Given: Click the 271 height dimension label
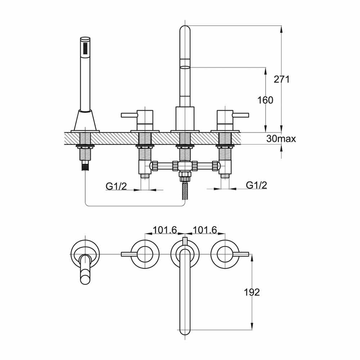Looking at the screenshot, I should point(282,80).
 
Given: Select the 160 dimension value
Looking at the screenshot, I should point(266,100).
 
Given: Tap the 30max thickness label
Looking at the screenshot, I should point(281,139).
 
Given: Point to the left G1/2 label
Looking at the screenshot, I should point(116,186).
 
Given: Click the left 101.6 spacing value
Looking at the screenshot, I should point(165,230).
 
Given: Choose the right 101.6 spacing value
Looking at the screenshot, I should point(205,230).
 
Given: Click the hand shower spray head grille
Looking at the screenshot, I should point(85,47).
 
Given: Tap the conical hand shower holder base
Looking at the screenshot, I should point(85,121).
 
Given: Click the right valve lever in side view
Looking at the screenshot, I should point(240,115).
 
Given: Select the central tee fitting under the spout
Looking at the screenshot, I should point(185,166).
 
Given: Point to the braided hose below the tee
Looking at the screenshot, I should point(185,190).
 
